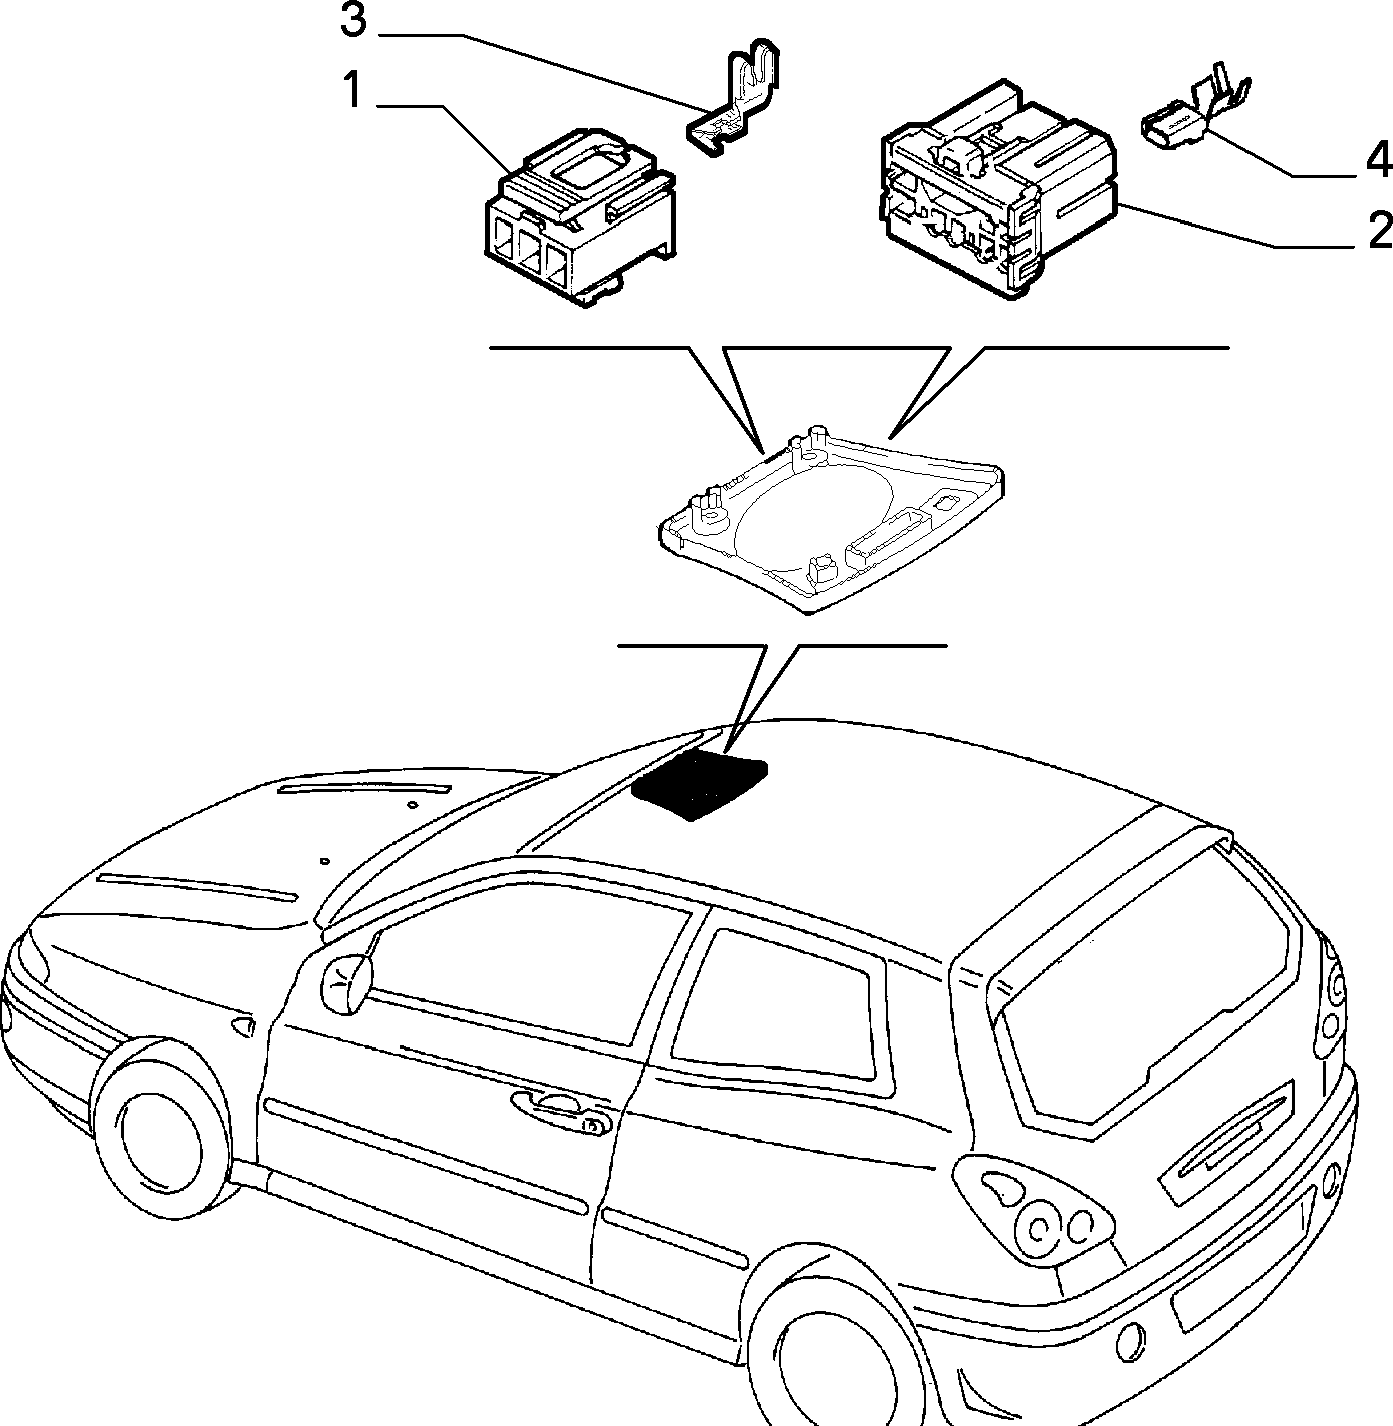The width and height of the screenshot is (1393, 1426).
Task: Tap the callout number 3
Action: point(352,21)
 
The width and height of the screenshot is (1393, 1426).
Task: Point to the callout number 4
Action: point(1379,160)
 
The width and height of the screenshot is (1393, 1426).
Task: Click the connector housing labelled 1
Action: point(579,218)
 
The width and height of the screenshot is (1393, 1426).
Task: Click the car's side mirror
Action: point(347,982)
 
